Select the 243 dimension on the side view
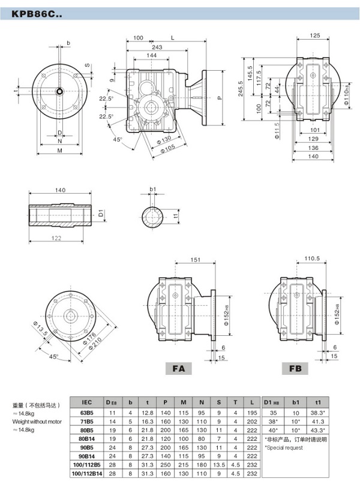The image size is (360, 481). tap(157, 46)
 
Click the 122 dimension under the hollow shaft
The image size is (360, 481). tap(58, 238)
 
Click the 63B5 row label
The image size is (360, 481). tap(86, 413)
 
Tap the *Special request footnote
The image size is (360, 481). tap(285, 447)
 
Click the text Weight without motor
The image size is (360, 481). tap(38, 421)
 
